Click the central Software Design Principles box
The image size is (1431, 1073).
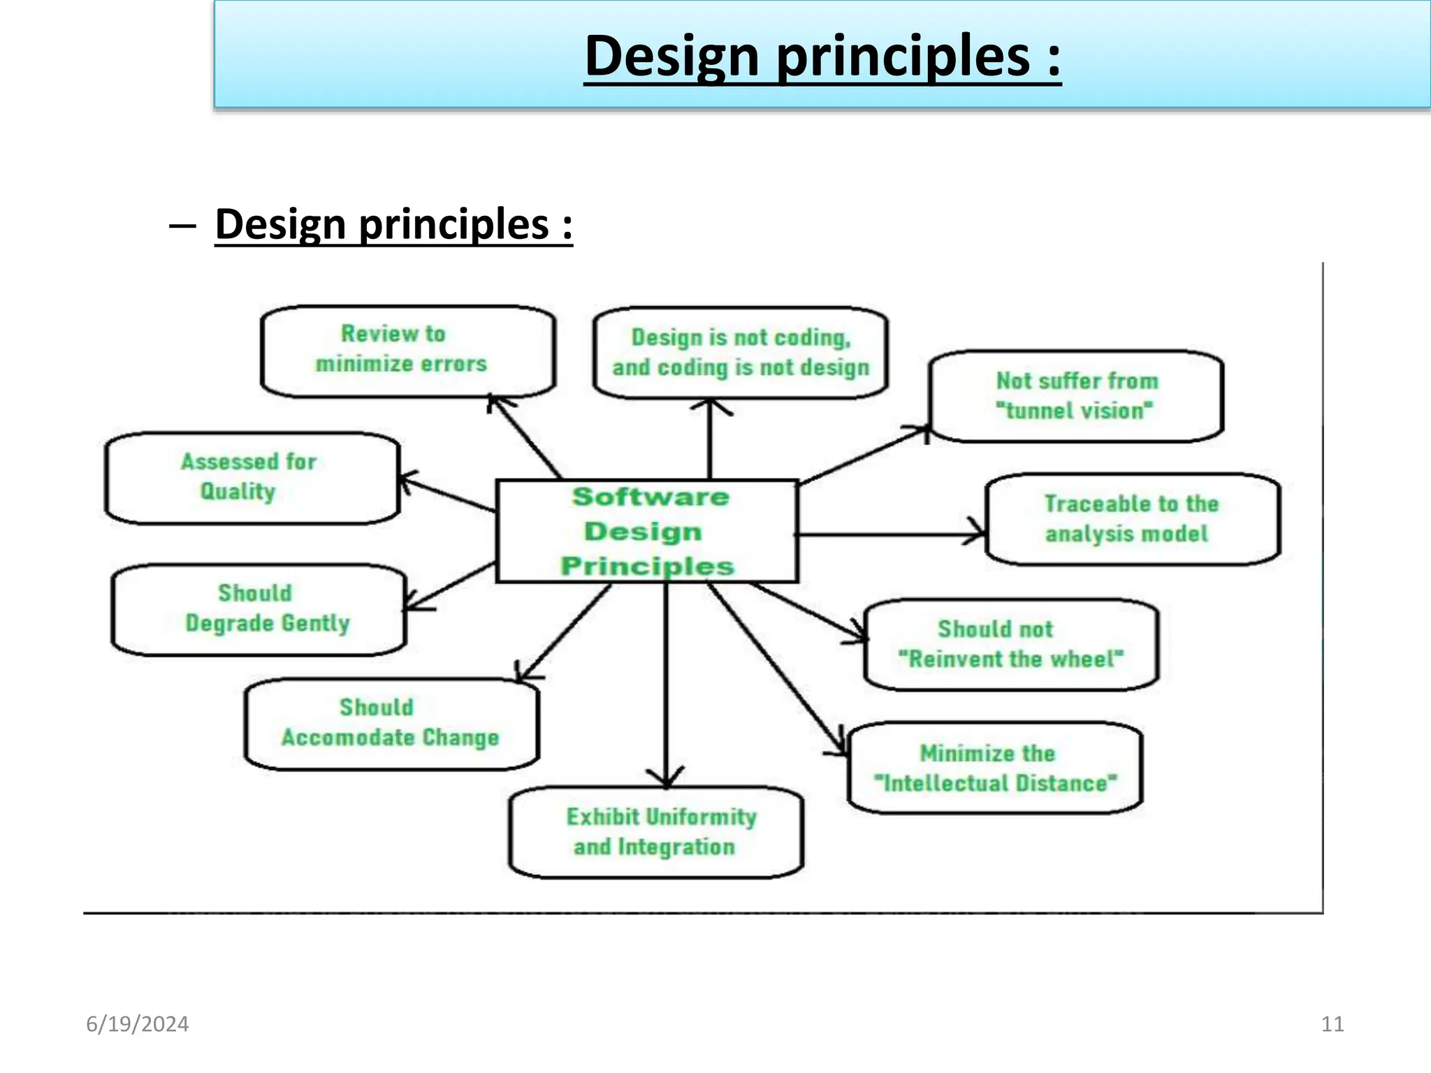click(647, 531)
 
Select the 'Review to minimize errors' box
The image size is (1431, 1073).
click(408, 351)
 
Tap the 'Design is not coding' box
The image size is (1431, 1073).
click(741, 353)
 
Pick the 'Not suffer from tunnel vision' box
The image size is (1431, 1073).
click(1077, 396)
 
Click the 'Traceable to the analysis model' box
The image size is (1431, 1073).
click(1133, 519)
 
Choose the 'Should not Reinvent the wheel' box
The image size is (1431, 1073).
click(1011, 644)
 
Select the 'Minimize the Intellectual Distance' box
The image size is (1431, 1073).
click(995, 768)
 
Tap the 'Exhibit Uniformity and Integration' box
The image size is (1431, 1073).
click(656, 832)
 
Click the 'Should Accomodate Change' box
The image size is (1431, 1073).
click(391, 724)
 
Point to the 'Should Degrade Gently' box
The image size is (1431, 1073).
click(259, 609)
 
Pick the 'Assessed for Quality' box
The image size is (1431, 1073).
click(252, 478)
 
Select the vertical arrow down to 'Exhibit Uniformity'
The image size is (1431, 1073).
click(666, 685)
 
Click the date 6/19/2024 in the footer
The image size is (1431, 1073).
click(137, 1024)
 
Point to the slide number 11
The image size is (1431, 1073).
click(1332, 1024)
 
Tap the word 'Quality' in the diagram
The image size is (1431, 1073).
click(238, 492)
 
